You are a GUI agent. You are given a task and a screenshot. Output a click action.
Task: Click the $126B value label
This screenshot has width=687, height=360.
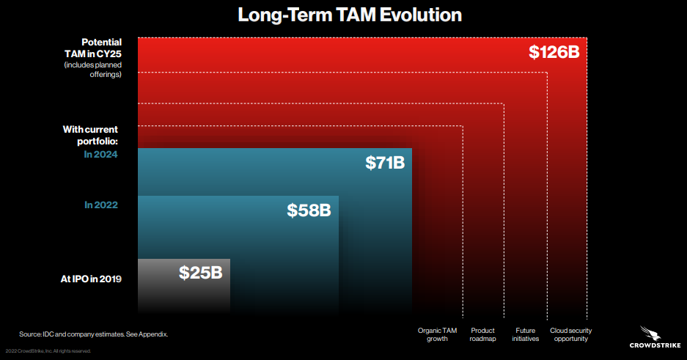point(554,52)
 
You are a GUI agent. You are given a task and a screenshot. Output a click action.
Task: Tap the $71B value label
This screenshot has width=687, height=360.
point(385,163)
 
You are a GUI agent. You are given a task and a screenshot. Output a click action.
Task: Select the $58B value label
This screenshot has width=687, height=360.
point(309,210)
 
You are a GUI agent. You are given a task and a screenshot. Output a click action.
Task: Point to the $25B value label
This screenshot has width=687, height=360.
point(201,273)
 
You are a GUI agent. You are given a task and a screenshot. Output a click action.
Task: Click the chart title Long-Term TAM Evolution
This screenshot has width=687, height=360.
point(350,15)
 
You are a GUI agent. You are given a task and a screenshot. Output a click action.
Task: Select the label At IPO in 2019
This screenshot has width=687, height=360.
point(91,279)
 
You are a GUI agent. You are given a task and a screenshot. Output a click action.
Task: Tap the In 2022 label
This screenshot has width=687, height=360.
point(101,205)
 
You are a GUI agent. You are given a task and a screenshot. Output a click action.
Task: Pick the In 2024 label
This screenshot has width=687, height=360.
point(100,154)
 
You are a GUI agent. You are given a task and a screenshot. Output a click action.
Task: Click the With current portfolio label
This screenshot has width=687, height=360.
point(91,136)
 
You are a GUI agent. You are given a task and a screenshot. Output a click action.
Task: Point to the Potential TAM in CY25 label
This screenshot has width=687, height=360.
point(93,48)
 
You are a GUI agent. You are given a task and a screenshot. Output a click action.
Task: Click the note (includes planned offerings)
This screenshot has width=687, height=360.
point(93,70)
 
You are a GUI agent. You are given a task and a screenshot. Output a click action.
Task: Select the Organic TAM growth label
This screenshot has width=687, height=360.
point(437,334)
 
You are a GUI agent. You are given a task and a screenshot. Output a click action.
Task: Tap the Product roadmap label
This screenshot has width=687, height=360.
point(483,334)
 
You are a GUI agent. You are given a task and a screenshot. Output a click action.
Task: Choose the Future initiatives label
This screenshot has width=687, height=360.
point(525,334)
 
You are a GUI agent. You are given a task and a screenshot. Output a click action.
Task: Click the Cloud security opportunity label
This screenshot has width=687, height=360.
point(571,334)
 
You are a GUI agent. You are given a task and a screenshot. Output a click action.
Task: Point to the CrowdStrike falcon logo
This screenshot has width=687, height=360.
point(650,333)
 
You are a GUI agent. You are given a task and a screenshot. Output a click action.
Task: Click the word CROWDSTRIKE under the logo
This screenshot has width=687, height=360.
point(655,345)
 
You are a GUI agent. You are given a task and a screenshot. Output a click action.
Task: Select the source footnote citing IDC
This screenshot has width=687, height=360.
point(93,334)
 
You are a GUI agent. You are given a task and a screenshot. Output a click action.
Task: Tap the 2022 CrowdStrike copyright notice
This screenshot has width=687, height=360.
point(48,350)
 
